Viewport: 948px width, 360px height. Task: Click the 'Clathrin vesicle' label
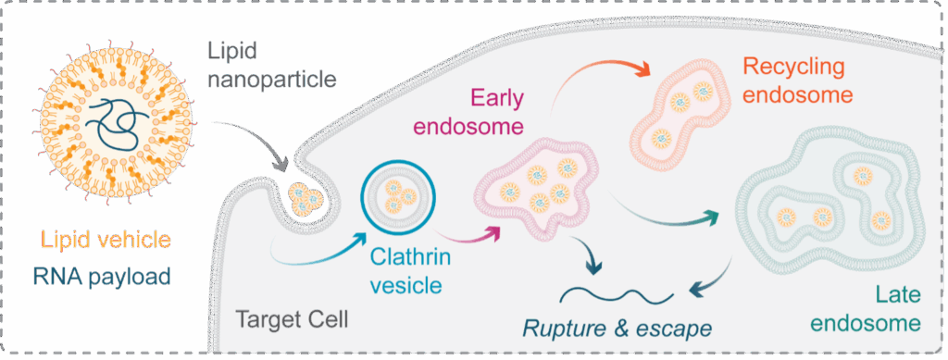point(405,270)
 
